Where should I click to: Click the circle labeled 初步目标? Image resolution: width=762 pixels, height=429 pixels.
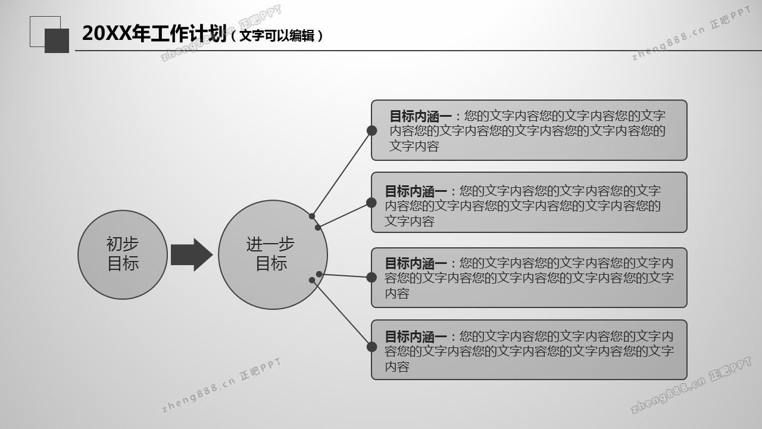pyautogui.click(x=123, y=254)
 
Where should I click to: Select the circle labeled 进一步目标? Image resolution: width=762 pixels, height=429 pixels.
pyautogui.click(x=273, y=254)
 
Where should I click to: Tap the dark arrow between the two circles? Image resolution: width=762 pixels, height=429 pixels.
pyautogui.click(x=191, y=254)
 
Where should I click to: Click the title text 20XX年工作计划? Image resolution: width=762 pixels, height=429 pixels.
pyautogui.click(x=154, y=34)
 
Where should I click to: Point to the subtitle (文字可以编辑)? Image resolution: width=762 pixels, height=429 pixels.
pyautogui.click(x=277, y=36)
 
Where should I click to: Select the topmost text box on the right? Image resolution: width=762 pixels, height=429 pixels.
pyautogui.click(x=529, y=130)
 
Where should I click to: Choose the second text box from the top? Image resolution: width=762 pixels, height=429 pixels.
pyautogui.click(x=529, y=203)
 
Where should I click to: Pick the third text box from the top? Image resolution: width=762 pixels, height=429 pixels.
pyautogui.click(x=529, y=278)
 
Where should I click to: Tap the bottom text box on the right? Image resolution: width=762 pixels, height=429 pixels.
pyautogui.click(x=529, y=350)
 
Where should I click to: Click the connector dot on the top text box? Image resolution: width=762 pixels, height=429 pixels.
pyautogui.click(x=371, y=130)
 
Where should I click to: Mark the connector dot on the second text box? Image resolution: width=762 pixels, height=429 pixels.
pyautogui.click(x=371, y=203)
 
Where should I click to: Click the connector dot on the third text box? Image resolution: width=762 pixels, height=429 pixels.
pyautogui.click(x=371, y=277)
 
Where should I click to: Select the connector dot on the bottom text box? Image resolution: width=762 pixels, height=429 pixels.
pyautogui.click(x=371, y=347)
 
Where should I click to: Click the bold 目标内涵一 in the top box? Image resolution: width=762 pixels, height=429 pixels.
pyautogui.click(x=420, y=116)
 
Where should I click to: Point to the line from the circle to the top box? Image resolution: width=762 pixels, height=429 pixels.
pyautogui.click(x=342, y=173)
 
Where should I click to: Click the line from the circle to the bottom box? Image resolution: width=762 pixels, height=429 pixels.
pyautogui.click(x=342, y=313)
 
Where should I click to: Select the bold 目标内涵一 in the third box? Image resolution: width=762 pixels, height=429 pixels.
pyautogui.click(x=416, y=263)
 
